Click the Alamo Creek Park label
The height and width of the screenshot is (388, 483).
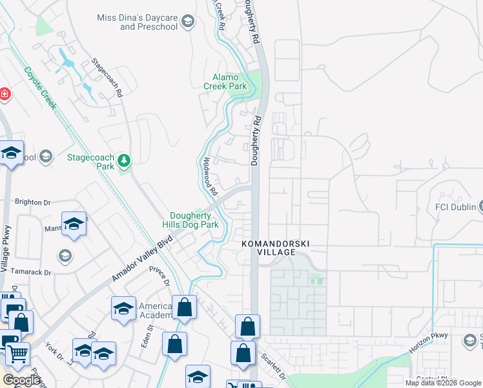point(225,81)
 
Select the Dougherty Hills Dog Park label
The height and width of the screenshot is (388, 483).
point(194,220)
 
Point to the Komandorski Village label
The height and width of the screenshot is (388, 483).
point(276,248)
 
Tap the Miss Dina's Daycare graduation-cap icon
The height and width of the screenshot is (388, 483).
point(187,22)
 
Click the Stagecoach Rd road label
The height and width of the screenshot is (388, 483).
point(107,78)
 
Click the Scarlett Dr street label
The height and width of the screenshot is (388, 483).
point(273,366)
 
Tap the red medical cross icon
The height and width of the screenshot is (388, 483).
point(5,94)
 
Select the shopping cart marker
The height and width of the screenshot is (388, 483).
point(17,354)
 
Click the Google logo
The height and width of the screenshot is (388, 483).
point(22,380)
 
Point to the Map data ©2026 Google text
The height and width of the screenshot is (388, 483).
point(442,383)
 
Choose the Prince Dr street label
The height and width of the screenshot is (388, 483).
point(159,277)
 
